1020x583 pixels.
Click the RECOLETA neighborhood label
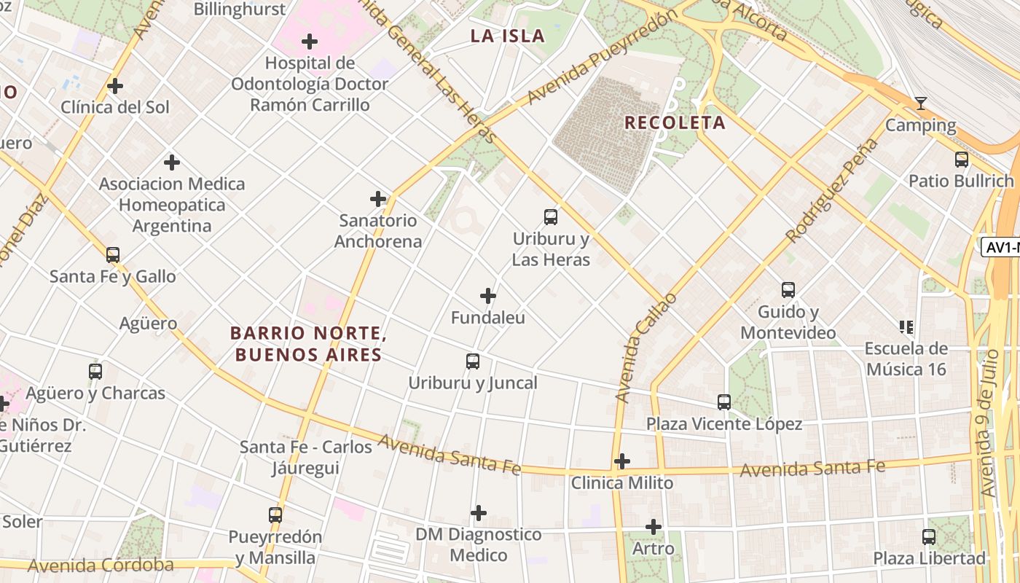pyautogui.click(x=675, y=122)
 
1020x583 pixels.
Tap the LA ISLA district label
pyautogui.click(x=507, y=36)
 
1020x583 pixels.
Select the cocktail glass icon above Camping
pyautogui.click(x=921, y=103)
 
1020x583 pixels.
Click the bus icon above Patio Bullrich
pyautogui.click(x=962, y=159)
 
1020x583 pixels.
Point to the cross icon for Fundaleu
pyautogui.click(x=488, y=296)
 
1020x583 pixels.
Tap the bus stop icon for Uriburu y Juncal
pyautogui.click(x=473, y=361)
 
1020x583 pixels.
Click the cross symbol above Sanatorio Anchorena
pyautogui.click(x=378, y=198)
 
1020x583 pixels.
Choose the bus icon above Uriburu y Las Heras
pyautogui.click(x=551, y=216)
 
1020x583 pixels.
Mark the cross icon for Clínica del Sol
pyautogui.click(x=115, y=86)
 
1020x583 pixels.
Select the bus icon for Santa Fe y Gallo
pyautogui.click(x=113, y=254)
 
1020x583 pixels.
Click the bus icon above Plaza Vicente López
pyautogui.click(x=724, y=402)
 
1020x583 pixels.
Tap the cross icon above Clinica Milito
pyautogui.click(x=622, y=461)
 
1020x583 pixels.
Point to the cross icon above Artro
pyautogui.click(x=654, y=526)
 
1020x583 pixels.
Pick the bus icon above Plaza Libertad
pyautogui.click(x=929, y=537)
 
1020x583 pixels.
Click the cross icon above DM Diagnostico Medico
pyautogui.click(x=479, y=513)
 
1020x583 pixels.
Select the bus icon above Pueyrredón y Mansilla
pyautogui.click(x=275, y=514)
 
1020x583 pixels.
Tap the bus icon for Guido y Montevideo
pyautogui.click(x=788, y=289)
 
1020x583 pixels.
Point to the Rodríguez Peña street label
pyautogui.click(x=833, y=190)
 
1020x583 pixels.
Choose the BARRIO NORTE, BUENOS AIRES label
pyautogui.click(x=307, y=344)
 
